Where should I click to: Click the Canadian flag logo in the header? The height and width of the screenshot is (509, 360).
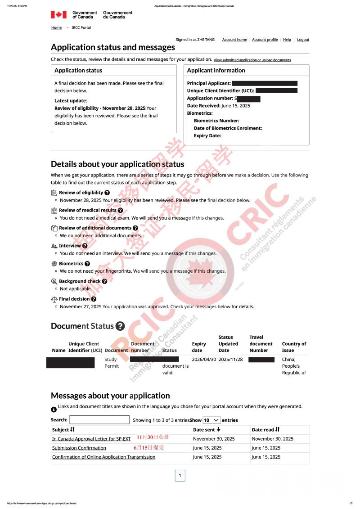coord(58,15)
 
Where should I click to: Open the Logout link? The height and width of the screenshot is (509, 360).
coord(303,40)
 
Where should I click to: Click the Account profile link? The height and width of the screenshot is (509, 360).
coord(265,40)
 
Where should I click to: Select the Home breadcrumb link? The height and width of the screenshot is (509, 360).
coord(56,27)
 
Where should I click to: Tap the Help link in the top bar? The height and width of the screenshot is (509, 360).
coord(287,40)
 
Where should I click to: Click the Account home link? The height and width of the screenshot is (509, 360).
coord(234,40)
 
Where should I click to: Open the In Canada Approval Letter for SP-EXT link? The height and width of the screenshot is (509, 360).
coord(91,439)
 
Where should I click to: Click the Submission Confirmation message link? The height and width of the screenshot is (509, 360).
coord(79,448)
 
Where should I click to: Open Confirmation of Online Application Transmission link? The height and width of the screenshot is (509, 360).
coord(103,457)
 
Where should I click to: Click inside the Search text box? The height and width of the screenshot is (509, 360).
coord(99,420)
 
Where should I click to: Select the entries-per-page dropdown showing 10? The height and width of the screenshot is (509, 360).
coord(211,420)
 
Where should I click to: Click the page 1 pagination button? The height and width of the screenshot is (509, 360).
coord(180,476)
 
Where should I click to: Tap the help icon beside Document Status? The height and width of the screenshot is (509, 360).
coord(120,326)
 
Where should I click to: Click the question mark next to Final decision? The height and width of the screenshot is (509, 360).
coord(94,299)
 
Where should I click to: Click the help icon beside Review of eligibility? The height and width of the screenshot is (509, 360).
coord(107,193)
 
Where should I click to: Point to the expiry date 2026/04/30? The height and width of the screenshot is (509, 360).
coord(204,360)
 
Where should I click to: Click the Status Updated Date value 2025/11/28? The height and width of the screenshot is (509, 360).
coord(230,360)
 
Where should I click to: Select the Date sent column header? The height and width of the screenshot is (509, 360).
coord(207,430)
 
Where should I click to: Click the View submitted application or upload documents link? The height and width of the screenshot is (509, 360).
coord(252,60)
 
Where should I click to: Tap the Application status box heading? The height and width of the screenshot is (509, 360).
coord(78,70)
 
